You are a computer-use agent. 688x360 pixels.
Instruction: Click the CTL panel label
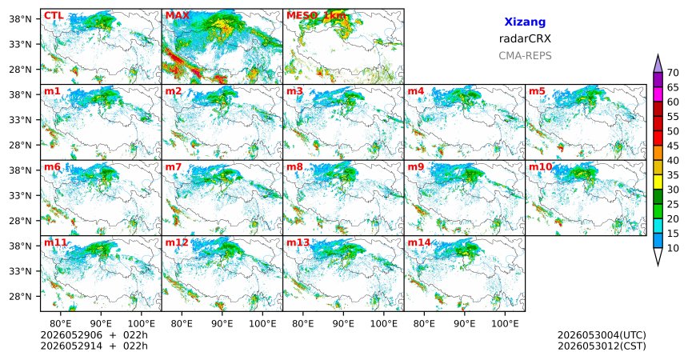click(x=54, y=16)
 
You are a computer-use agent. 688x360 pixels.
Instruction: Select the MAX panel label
click(x=178, y=16)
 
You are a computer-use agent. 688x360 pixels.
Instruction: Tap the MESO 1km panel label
click(x=316, y=16)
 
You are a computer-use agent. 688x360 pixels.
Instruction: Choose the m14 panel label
click(x=419, y=242)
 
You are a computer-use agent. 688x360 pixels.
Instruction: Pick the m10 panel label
click(x=541, y=167)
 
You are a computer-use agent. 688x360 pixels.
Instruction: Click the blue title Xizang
click(x=525, y=22)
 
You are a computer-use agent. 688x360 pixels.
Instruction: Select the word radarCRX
click(x=525, y=38)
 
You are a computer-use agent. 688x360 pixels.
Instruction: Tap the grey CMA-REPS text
click(x=525, y=56)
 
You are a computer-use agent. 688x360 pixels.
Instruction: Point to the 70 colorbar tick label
click(x=673, y=73)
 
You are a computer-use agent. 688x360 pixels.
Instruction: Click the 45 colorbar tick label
click(x=673, y=146)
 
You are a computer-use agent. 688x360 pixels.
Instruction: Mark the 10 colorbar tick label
click(x=673, y=248)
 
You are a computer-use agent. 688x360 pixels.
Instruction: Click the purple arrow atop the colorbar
click(x=658, y=64)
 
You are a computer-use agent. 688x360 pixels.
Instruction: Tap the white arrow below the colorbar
click(x=658, y=256)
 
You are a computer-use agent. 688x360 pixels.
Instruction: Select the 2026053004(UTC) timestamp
click(x=602, y=335)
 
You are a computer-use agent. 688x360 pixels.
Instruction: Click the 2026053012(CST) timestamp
click(x=602, y=346)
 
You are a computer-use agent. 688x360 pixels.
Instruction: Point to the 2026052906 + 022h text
click(x=94, y=335)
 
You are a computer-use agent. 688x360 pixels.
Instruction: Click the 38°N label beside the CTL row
click(x=21, y=19)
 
